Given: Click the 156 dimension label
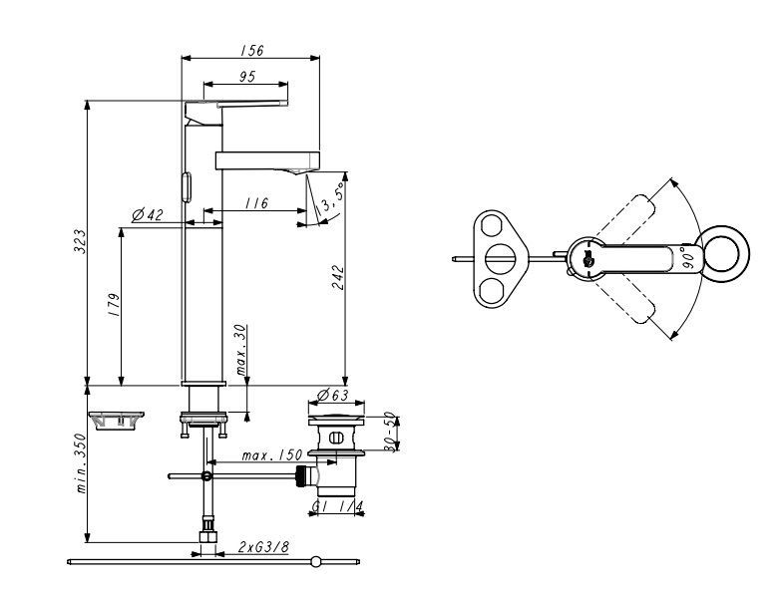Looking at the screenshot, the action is (252, 51).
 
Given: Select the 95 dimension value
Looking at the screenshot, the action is (247, 77).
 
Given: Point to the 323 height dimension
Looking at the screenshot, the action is (80, 241).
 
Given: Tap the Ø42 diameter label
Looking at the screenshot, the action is (148, 215).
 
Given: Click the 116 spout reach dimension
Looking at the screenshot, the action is (256, 203).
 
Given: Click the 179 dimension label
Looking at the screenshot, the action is (114, 306).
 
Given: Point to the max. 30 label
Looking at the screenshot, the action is (240, 350).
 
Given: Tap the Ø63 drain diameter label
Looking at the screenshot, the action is (332, 396).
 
